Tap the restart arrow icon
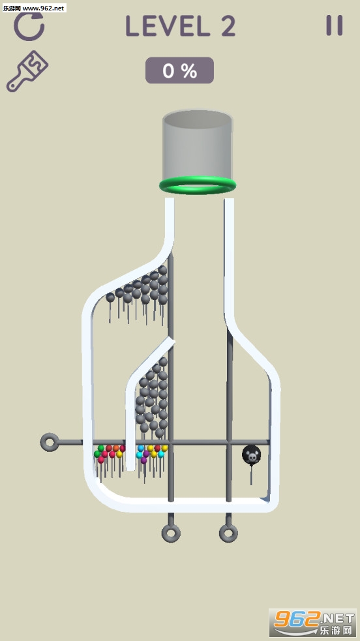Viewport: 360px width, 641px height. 29,26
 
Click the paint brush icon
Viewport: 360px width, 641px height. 27,71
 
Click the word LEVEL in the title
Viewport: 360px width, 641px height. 164,26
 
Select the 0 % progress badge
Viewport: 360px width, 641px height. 179,70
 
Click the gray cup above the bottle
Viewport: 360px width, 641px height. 198,145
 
